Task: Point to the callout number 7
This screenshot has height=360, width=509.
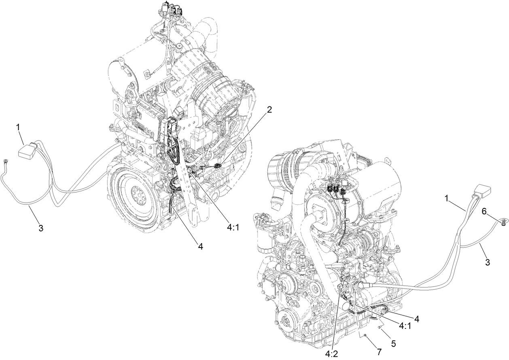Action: click(x=379, y=351)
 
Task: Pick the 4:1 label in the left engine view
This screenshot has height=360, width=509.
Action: click(x=233, y=227)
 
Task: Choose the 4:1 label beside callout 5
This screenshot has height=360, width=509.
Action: click(x=405, y=326)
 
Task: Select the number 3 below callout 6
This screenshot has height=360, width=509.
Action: click(x=488, y=262)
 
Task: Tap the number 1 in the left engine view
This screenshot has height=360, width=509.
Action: click(x=18, y=127)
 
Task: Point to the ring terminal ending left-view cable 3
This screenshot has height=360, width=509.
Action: click(x=6, y=163)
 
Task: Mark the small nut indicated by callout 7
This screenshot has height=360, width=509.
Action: click(x=365, y=336)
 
